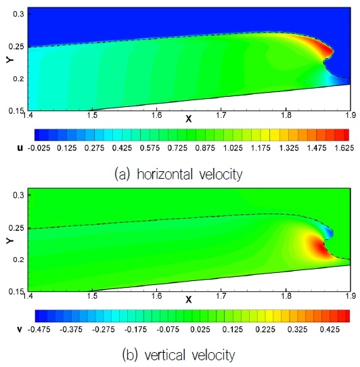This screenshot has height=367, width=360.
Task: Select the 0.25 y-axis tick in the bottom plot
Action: pos(14,228)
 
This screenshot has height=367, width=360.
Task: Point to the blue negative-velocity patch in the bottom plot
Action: pos(328,232)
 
